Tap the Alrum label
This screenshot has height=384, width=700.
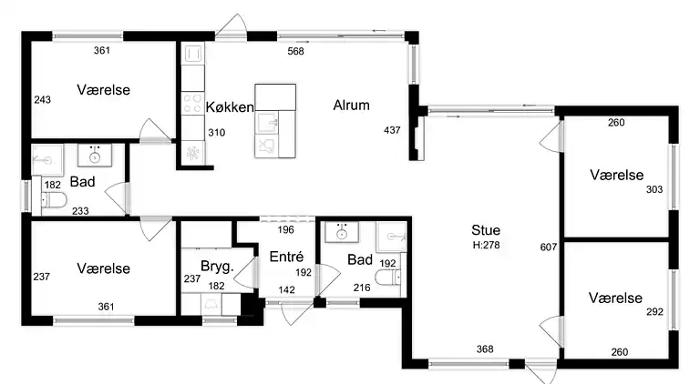(x=351, y=106)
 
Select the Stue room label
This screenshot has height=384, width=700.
(x=485, y=230)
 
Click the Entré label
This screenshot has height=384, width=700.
(x=286, y=258)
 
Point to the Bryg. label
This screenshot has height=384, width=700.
(x=218, y=267)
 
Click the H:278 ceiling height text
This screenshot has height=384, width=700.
(x=486, y=245)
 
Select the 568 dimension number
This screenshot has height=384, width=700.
(x=295, y=51)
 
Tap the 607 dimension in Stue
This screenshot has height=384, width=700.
(x=548, y=248)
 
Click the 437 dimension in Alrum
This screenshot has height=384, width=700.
(x=392, y=131)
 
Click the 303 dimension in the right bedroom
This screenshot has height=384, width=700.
(x=654, y=189)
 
